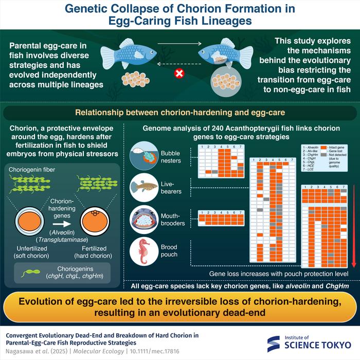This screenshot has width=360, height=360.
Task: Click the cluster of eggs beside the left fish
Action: [132, 79]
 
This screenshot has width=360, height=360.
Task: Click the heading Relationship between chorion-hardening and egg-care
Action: [180, 112]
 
